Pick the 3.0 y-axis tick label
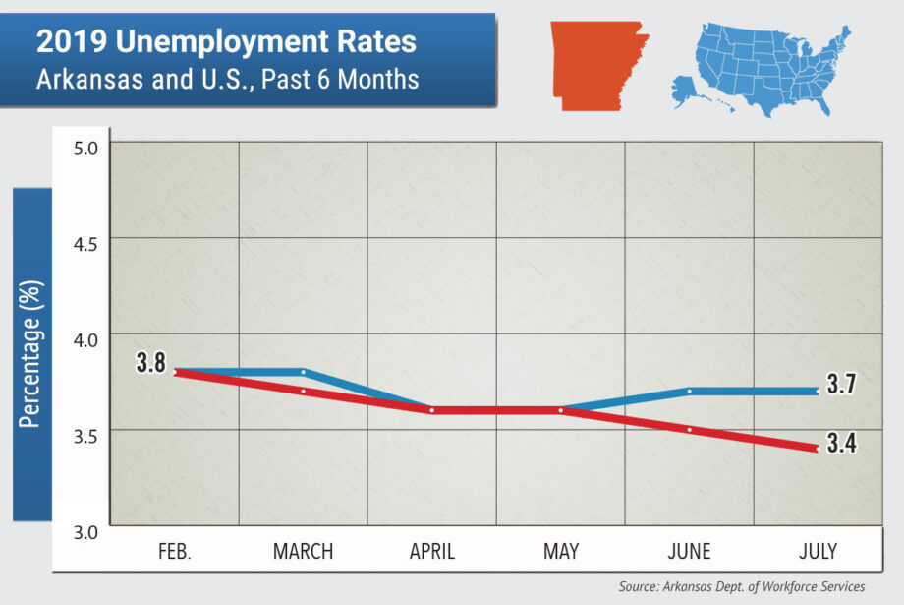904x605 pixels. click(x=87, y=532)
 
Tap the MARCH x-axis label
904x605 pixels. click(x=303, y=552)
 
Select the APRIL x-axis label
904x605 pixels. click(x=432, y=552)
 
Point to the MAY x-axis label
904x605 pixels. click(x=561, y=552)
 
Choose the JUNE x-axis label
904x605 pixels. click(x=690, y=552)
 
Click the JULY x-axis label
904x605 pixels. click(x=819, y=552)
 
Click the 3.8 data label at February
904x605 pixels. click(x=150, y=363)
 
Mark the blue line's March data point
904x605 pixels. click(x=304, y=372)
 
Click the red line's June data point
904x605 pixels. click(x=690, y=430)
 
